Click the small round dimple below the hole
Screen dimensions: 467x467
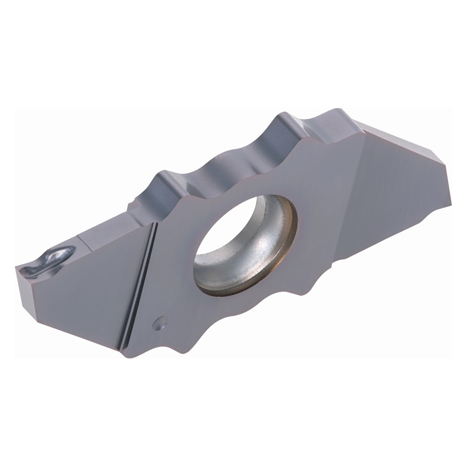point(159,324)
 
